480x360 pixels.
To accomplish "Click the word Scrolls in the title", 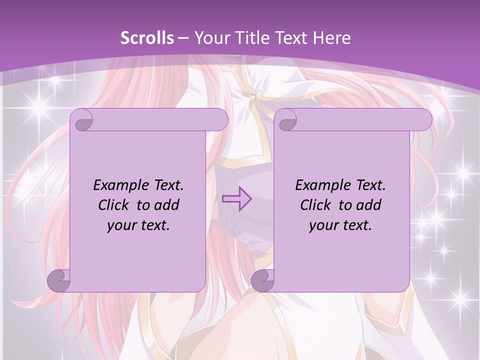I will pos(147,38).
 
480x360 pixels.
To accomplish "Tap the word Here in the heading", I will pos(331,38).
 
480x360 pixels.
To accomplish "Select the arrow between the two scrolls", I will pos(236,199).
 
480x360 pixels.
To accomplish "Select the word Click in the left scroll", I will pos(115,205).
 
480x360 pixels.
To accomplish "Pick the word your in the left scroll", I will pos(122,225).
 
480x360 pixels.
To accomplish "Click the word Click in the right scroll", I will pos(317,205).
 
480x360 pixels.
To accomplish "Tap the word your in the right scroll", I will pos(324,225).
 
